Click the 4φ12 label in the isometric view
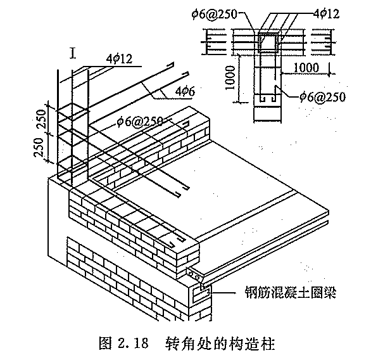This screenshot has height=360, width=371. click(119, 59)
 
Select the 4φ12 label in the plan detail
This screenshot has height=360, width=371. click(327, 13)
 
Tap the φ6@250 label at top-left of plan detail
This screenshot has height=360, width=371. click(214, 14)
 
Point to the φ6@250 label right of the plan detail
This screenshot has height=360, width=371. click(323, 97)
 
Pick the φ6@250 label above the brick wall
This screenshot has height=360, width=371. click(140, 122)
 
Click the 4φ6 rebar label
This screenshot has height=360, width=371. click(185, 91)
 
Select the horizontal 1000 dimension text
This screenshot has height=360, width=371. click(306, 68)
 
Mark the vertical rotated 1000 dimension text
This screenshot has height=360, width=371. click(230, 78)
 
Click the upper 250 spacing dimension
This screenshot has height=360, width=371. click(41, 119)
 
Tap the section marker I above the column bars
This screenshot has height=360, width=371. click(73, 53)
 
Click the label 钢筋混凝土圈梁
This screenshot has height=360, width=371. click(291, 293)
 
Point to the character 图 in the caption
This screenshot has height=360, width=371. click(105, 344)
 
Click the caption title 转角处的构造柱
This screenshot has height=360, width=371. click(220, 344)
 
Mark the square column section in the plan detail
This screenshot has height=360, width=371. click(268, 42)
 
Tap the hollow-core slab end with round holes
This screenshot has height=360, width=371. click(194, 275)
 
